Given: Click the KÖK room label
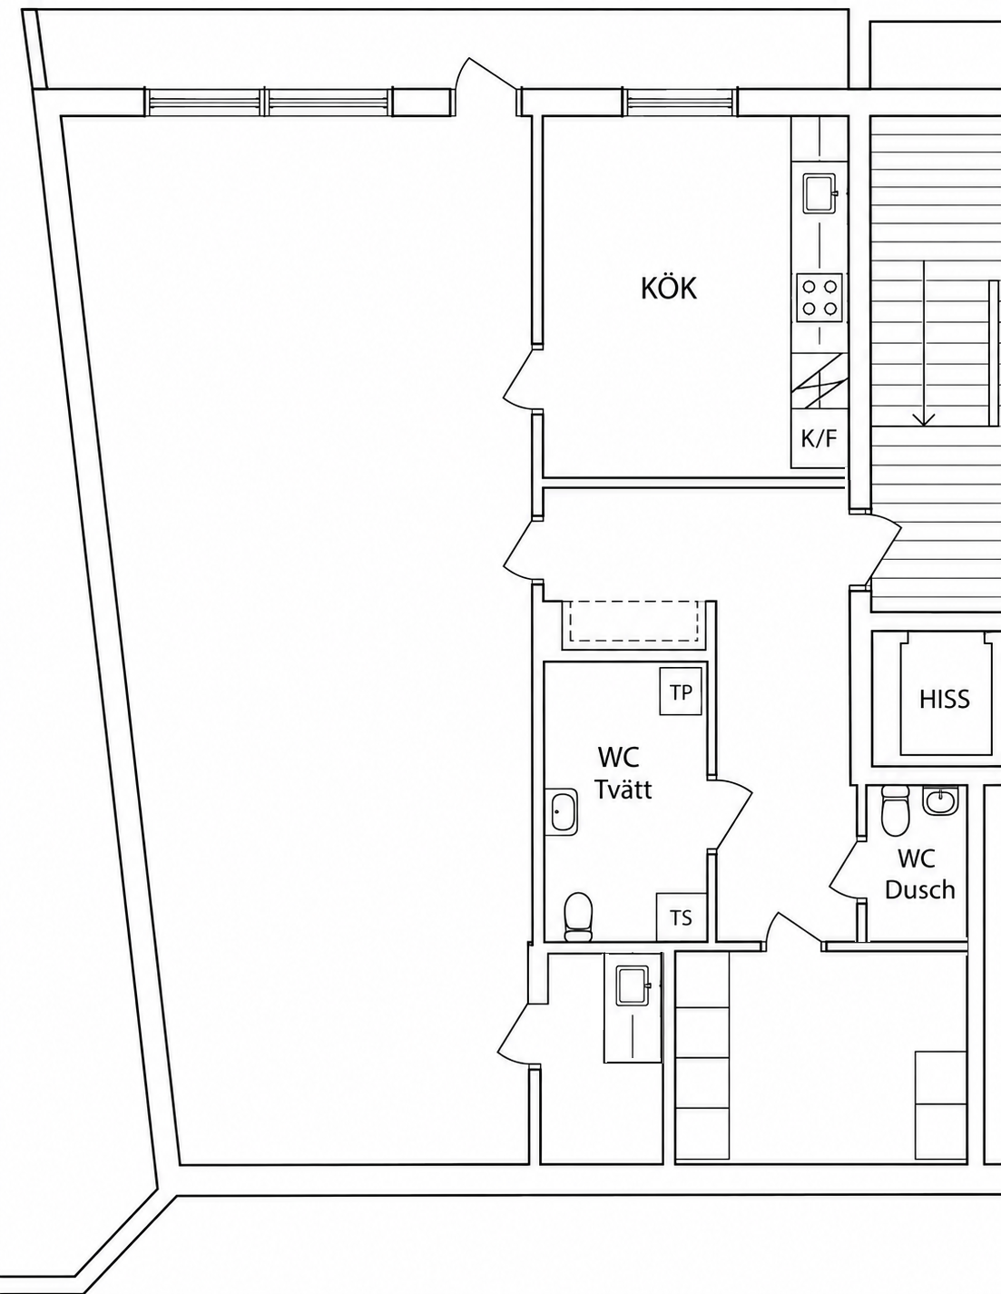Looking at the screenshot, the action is pyautogui.click(x=668, y=289).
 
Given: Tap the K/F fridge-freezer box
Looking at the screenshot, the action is pyautogui.click(x=819, y=438).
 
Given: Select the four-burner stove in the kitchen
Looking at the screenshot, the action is pyautogui.click(x=819, y=297).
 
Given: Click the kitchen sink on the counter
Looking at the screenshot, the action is pyautogui.click(x=819, y=193).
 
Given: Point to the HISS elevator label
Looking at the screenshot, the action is pyautogui.click(x=945, y=699).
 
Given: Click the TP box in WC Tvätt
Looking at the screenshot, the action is pyautogui.click(x=681, y=692).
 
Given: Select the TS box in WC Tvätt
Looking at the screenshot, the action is pyautogui.click(x=682, y=917).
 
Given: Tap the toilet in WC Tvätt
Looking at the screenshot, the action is pyautogui.click(x=578, y=917).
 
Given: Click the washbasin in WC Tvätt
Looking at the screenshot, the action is pyautogui.click(x=562, y=811).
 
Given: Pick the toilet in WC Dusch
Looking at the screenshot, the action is pyautogui.click(x=895, y=810).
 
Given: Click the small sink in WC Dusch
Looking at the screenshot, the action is pyautogui.click(x=940, y=799).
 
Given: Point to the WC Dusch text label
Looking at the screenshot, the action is pyautogui.click(x=919, y=874).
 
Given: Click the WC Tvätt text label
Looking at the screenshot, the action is pyautogui.click(x=623, y=773).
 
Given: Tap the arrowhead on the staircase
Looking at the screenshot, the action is pyautogui.click(x=924, y=420).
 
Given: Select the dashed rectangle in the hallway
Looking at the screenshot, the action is pyautogui.click(x=633, y=621).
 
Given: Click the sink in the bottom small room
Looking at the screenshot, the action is pyautogui.click(x=633, y=986).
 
